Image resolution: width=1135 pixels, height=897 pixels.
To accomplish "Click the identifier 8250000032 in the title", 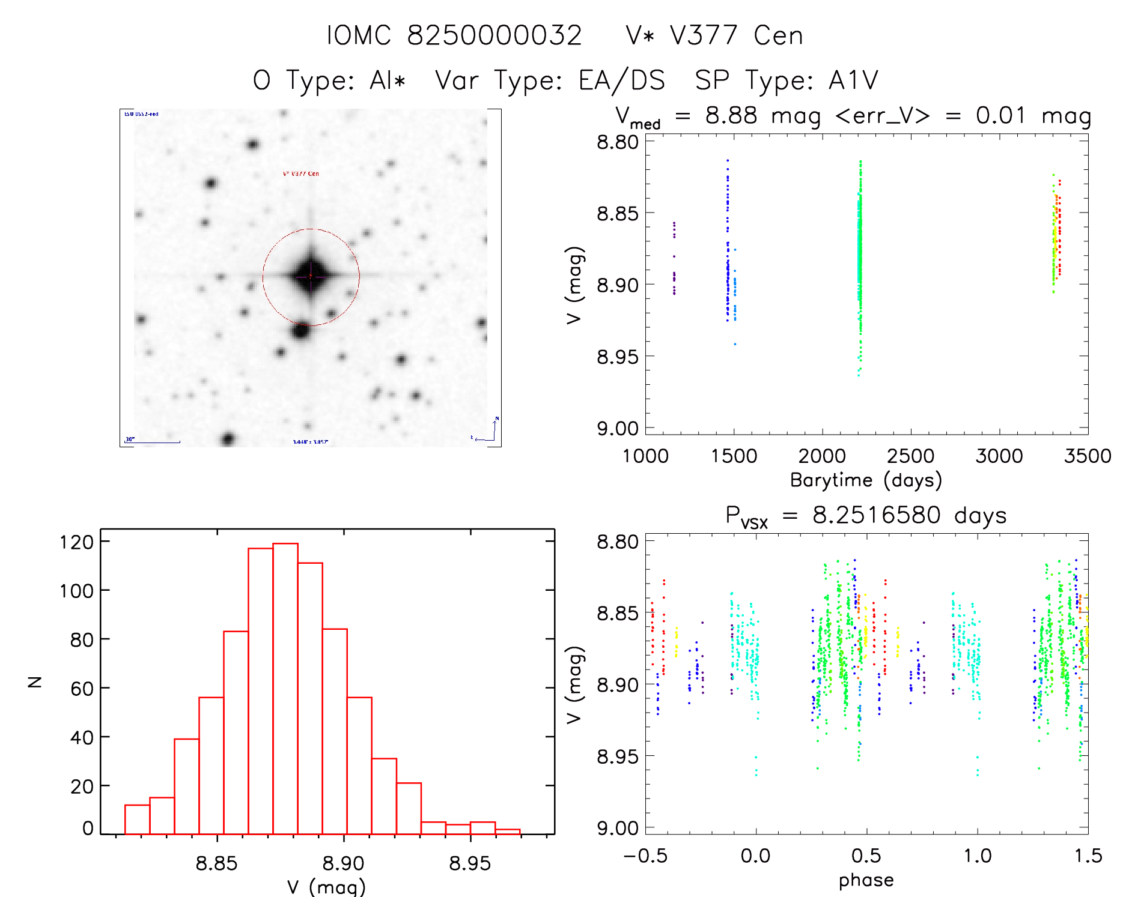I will (494, 35).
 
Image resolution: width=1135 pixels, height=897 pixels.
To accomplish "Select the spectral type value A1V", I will (853, 80).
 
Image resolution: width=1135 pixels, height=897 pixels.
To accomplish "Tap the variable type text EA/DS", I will (622, 80).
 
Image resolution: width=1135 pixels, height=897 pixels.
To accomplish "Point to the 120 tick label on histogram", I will (77, 542).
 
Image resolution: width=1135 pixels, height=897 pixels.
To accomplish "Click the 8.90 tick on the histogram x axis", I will (344, 863).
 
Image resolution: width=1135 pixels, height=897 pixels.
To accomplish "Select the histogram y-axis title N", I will (35, 681).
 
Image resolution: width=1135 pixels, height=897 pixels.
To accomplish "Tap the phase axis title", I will (866, 880).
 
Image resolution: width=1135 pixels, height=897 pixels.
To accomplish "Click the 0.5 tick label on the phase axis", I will (866, 856).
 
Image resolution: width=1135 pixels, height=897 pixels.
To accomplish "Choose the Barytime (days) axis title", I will (866, 480).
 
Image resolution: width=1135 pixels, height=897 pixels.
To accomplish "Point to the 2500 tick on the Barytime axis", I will (910, 456).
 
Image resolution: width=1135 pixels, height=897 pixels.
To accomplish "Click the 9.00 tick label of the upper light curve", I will (617, 429).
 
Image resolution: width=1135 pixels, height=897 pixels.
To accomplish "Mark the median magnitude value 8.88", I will (731, 115).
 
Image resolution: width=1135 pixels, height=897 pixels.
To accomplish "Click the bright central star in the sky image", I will (311, 276).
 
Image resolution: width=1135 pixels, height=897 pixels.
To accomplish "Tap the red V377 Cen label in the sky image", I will (301, 174).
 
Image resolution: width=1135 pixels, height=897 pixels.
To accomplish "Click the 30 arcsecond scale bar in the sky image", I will (153, 442).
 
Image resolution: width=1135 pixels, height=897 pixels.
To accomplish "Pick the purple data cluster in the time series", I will (674, 258).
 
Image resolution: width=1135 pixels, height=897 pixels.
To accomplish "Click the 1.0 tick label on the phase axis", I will (978, 856).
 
